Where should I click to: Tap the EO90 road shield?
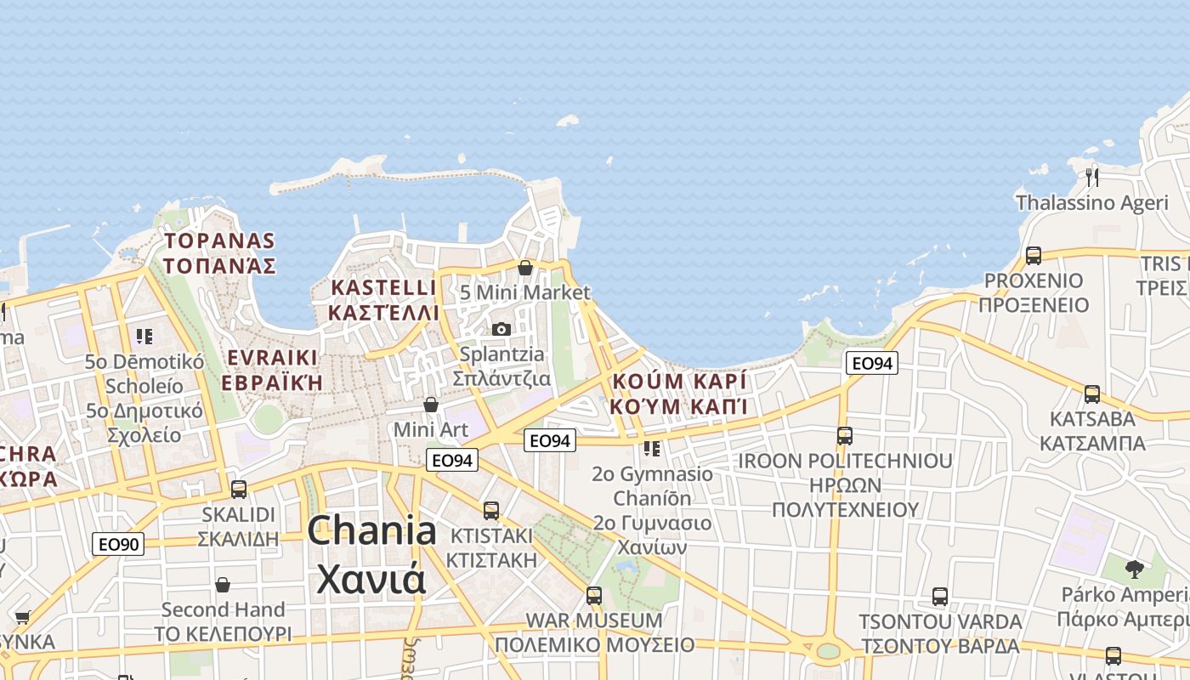(118, 544)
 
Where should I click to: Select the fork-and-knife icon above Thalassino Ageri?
(1092, 177)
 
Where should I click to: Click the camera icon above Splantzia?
(501, 329)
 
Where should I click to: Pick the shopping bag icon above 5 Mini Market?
(525, 268)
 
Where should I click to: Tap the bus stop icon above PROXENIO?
(1034, 255)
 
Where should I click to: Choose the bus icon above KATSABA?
(1092, 394)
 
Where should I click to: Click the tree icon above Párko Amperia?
(1134, 569)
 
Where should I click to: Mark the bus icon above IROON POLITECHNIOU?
(845, 436)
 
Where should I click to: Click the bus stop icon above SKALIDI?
(239, 490)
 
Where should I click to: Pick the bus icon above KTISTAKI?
(491, 511)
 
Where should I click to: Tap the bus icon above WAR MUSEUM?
(594, 596)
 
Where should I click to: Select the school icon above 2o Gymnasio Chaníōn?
(652, 448)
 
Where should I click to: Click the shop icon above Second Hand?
(223, 585)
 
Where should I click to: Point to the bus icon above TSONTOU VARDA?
(940, 597)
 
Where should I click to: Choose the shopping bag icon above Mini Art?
(431, 405)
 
